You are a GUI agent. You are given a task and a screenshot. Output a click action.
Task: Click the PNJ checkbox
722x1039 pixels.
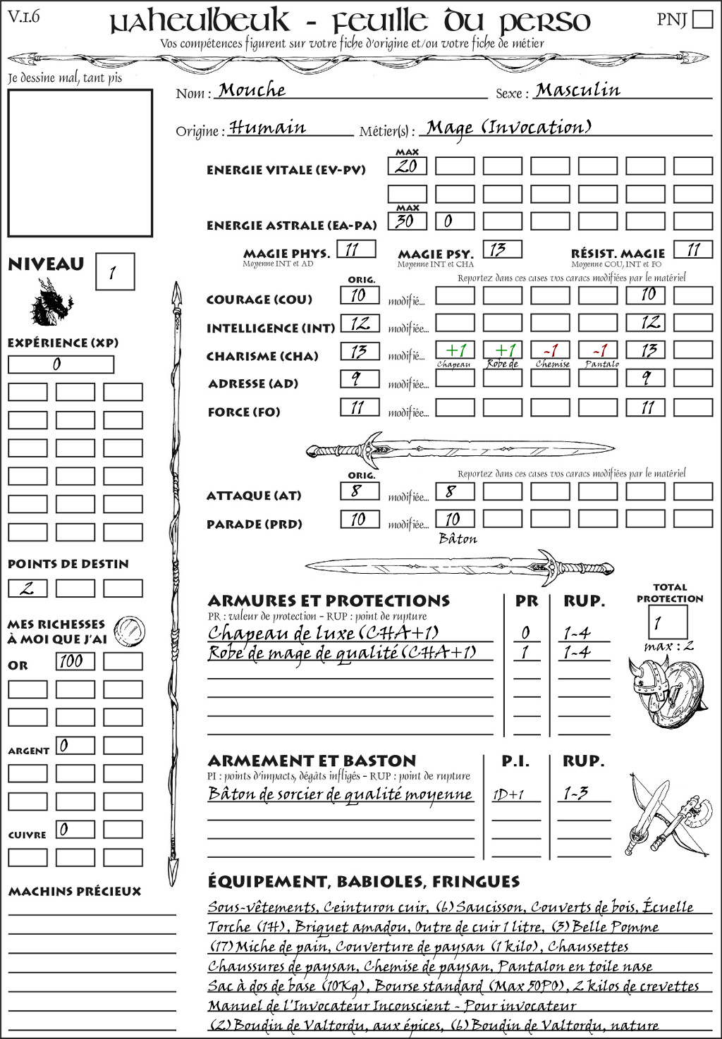703,19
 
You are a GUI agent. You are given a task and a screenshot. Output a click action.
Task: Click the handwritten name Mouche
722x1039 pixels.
252,90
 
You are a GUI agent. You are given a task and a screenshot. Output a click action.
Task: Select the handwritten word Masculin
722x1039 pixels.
577,90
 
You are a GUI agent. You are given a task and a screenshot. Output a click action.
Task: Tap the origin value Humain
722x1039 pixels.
267,128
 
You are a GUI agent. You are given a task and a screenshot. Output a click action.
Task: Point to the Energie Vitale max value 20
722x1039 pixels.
407,166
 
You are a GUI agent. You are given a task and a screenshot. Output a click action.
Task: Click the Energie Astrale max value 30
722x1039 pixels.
407,221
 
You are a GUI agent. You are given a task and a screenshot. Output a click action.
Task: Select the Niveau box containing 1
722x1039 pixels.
114,272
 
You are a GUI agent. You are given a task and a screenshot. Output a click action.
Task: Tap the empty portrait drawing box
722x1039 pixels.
80,163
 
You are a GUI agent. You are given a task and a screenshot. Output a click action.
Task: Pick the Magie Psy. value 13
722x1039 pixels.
502,250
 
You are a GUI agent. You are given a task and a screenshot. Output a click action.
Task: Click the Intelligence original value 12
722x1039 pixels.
360,324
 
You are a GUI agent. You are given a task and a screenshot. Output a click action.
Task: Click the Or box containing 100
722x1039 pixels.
75,661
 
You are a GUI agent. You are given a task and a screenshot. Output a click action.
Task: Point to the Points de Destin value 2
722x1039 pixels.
27,588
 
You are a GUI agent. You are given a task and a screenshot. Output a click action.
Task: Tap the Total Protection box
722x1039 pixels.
667,622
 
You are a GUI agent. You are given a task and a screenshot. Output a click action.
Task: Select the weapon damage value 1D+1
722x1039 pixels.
508,795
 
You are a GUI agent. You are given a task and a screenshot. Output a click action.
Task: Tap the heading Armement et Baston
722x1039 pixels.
312,761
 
